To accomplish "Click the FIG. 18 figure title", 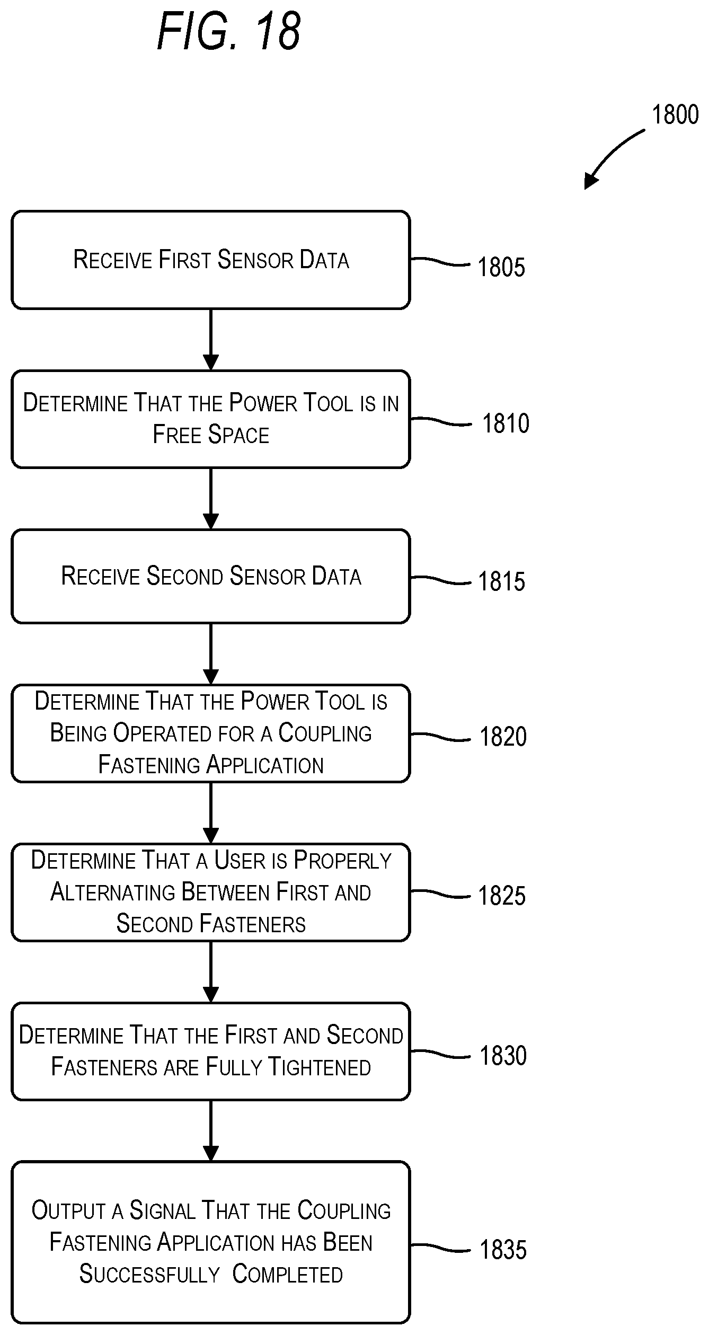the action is (229, 32).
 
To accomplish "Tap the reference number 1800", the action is (675, 114).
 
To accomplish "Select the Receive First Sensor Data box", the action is (211, 260).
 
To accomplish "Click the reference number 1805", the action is (501, 267).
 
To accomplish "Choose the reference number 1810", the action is (506, 423).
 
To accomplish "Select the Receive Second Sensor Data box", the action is (211, 576).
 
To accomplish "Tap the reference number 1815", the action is (501, 581).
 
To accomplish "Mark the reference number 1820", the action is (503, 737).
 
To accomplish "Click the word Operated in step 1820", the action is (163, 733).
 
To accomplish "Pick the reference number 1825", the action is (502, 896).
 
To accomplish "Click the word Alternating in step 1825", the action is (113, 892).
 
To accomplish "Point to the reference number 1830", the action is (503, 1055).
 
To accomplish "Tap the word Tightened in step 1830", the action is (320, 1067).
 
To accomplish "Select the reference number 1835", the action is (503, 1249).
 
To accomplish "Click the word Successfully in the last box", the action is (149, 1274).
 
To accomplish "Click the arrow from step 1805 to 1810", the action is (211, 340).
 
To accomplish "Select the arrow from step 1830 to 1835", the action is (211, 1131).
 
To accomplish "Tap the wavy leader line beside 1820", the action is (441, 737).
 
